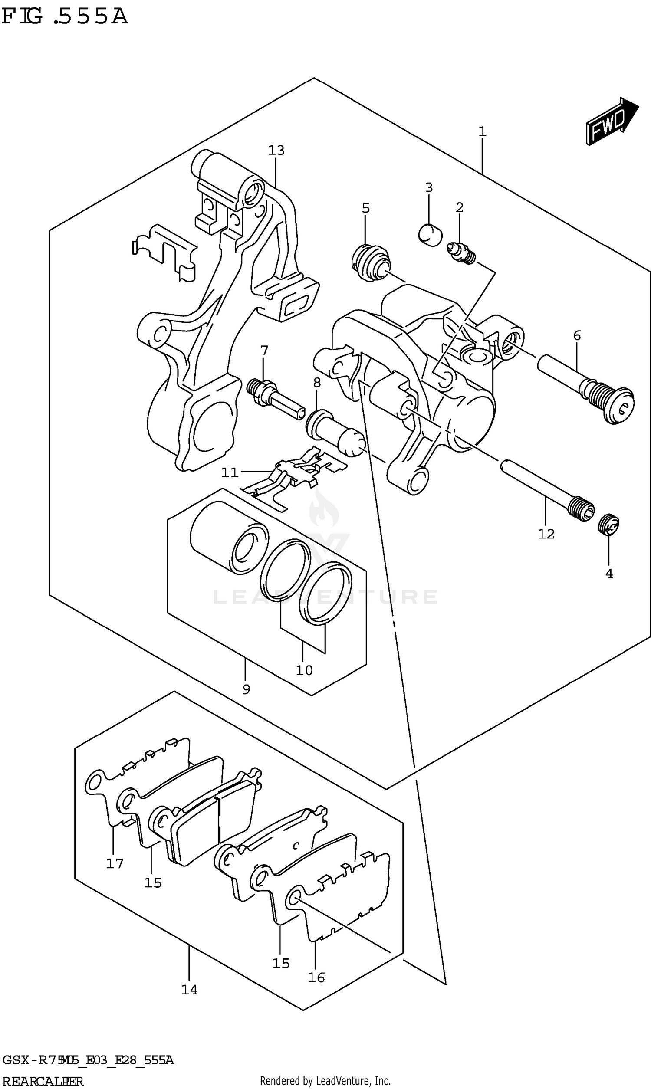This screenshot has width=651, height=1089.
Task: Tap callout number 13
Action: click(x=276, y=151)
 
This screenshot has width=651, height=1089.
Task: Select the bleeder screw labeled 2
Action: click(x=460, y=254)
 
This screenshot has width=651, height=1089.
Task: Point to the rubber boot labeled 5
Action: click(x=370, y=263)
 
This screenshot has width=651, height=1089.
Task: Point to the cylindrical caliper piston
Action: click(x=228, y=537)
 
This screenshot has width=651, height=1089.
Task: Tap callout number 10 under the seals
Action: click(x=304, y=670)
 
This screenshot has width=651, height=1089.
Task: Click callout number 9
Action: click(x=246, y=689)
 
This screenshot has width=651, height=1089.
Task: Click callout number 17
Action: click(x=115, y=863)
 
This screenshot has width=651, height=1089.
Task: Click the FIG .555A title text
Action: click(x=65, y=16)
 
